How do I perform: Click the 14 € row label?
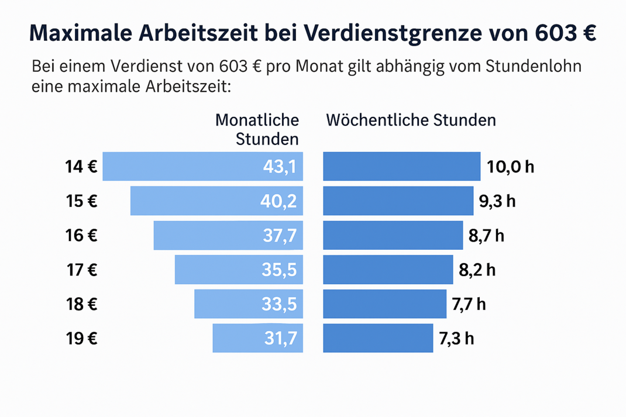(81, 167)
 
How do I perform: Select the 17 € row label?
(81, 270)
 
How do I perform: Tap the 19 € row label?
(81, 339)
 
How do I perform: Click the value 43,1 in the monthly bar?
(280, 167)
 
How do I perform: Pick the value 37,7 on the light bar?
(280, 236)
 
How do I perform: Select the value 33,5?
(280, 304)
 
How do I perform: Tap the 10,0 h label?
(510, 167)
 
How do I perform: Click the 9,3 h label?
(497, 202)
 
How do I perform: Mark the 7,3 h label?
(456, 339)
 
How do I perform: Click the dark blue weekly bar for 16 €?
(393, 236)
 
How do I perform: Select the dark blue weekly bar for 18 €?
(384, 304)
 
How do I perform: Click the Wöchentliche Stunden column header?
(411, 120)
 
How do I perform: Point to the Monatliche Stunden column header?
(257, 129)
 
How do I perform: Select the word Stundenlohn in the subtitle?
(534, 66)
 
